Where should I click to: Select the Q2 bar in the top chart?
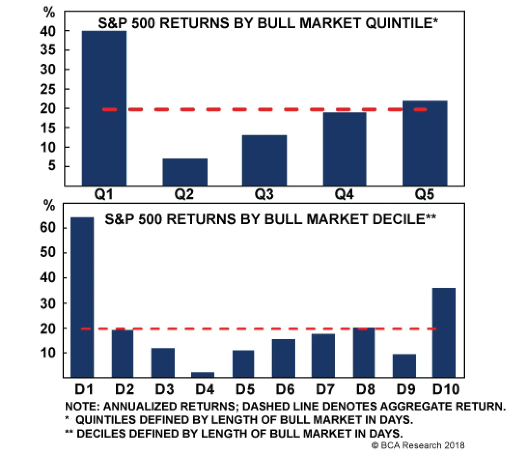point(185,172)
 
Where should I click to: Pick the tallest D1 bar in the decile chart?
point(82,297)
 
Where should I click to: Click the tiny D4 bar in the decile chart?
point(203,374)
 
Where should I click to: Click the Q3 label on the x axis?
point(264,194)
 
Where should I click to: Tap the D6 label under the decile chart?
point(285,389)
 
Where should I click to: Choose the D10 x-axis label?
point(446,389)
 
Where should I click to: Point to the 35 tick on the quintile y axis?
point(48,50)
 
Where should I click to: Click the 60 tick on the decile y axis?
point(48,228)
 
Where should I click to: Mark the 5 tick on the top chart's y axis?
point(52,165)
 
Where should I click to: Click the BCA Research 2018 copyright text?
point(418,445)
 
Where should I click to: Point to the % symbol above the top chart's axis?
point(49,13)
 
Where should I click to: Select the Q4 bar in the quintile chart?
point(345,149)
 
